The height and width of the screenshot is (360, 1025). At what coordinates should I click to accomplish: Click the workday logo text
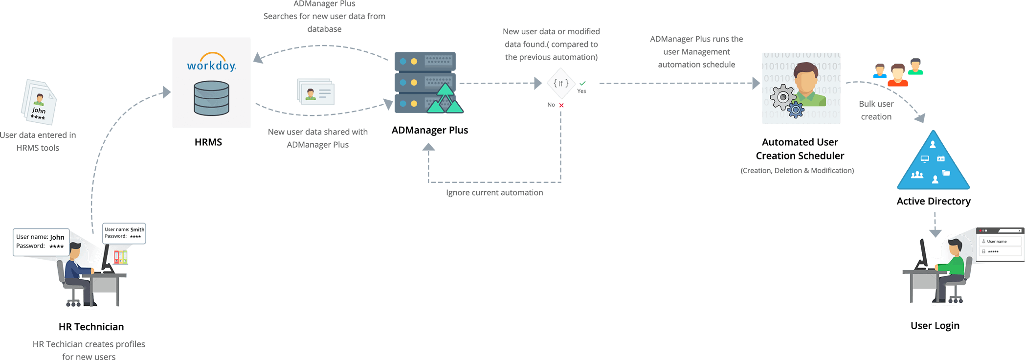pyautogui.click(x=211, y=65)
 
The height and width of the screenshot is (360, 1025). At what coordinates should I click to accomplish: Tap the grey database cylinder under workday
pyautogui.click(x=211, y=98)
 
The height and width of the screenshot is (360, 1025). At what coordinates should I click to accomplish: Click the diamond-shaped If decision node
pyautogui.click(x=560, y=84)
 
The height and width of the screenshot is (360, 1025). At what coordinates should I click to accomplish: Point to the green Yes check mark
pyautogui.click(x=582, y=83)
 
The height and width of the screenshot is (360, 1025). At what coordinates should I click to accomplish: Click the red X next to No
pyautogui.click(x=561, y=105)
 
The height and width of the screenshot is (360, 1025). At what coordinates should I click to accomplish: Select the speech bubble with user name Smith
pyautogui.click(x=124, y=233)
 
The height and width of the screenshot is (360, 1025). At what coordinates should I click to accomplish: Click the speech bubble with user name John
pyautogui.click(x=41, y=242)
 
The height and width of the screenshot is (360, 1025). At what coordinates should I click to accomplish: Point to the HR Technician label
pyautogui.click(x=91, y=327)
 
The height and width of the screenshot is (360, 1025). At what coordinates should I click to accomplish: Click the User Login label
pyautogui.click(x=935, y=326)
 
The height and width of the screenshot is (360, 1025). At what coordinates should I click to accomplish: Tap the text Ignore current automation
pyautogui.click(x=494, y=193)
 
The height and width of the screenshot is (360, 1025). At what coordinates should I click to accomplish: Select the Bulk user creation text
pyautogui.click(x=876, y=110)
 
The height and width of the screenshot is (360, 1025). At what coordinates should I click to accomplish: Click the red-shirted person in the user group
pyautogui.click(x=898, y=75)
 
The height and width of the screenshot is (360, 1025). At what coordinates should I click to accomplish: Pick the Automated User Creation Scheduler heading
pyautogui.click(x=800, y=149)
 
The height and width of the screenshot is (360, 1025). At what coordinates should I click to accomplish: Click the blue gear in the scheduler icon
pyautogui.click(x=796, y=110)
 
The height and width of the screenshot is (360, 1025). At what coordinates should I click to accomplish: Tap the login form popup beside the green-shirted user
pyautogui.click(x=1000, y=244)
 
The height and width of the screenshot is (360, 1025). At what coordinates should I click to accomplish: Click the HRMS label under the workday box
pyautogui.click(x=208, y=142)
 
